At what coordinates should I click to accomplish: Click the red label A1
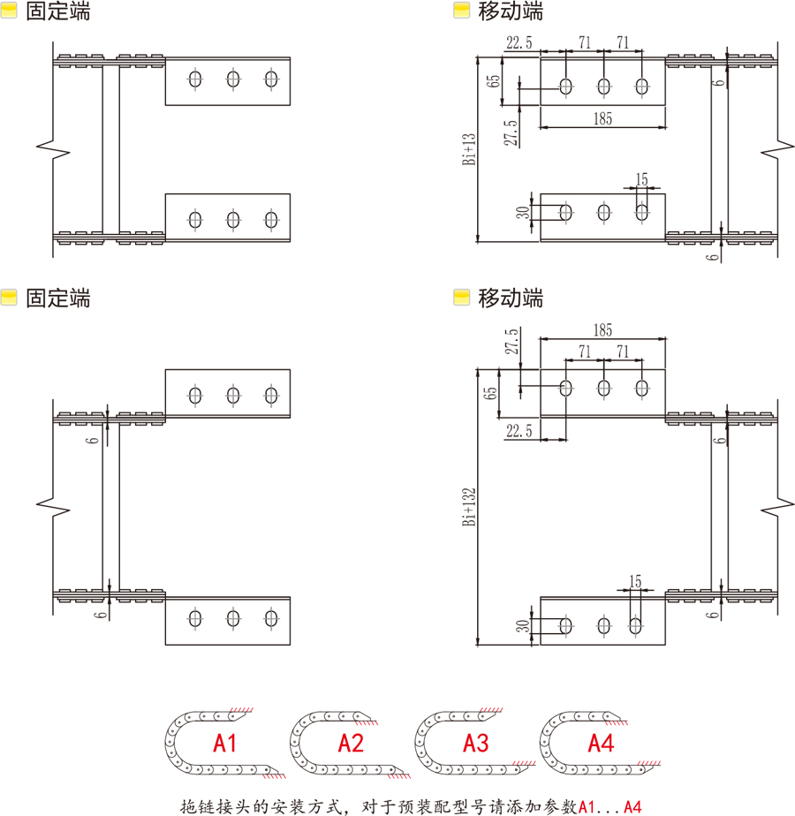[x=225, y=743]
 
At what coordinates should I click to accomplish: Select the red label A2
[x=351, y=743]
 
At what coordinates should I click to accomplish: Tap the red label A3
[x=476, y=743]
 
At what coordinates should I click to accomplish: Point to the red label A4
[x=601, y=743]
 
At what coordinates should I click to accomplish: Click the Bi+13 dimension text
[x=469, y=149]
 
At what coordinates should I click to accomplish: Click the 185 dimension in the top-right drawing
[x=602, y=118]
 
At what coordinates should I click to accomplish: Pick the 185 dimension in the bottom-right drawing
[x=602, y=330]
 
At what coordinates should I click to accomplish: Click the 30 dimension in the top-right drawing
[x=523, y=212]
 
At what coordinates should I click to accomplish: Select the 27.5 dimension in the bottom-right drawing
[x=511, y=343]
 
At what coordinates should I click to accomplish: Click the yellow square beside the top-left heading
[x=10, y=11]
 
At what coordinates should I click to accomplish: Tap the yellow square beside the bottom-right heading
[x=461, y=298]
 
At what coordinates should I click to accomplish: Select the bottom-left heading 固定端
[x=58, y=298]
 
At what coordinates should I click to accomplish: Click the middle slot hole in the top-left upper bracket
[x=232, y=79]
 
